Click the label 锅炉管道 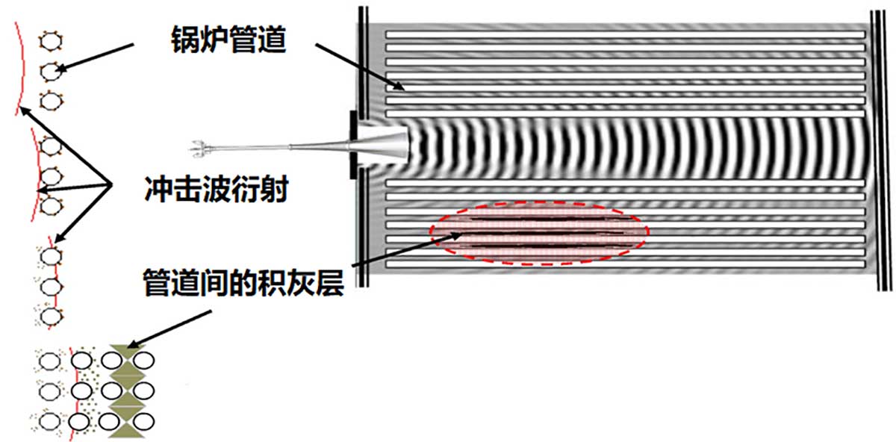[x=223, y=39]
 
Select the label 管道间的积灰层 [x=243, y=282]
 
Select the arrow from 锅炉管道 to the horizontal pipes [x=359, y=66]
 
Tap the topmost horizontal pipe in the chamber [x=624, y=35]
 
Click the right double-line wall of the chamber [x=883, y=149]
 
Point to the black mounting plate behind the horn [x=352, y=145]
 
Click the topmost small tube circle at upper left [x=50, y=40]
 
